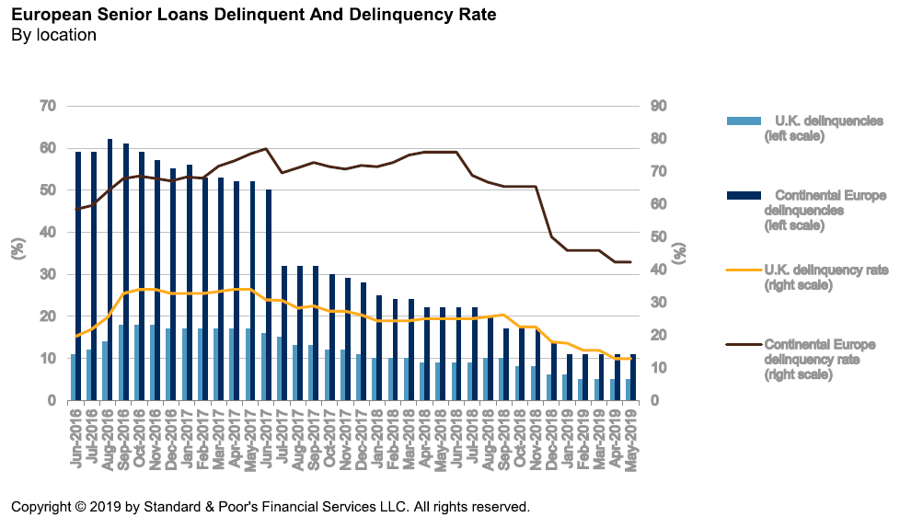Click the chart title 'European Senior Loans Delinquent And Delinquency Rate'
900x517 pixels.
coord(253,15)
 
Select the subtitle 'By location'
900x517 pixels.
coord(53,35)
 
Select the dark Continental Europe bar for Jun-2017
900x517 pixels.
coord(269,294)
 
